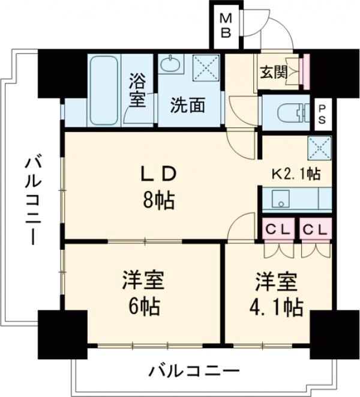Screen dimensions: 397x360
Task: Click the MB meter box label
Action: (x=226, y=25)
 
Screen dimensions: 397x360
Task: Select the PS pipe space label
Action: (x=322, y=112)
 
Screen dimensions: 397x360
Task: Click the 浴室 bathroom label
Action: (x=137, y=89)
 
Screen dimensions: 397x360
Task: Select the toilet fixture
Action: (x=288, y=112)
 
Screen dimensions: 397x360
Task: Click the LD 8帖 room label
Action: (x=158, y=187)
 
